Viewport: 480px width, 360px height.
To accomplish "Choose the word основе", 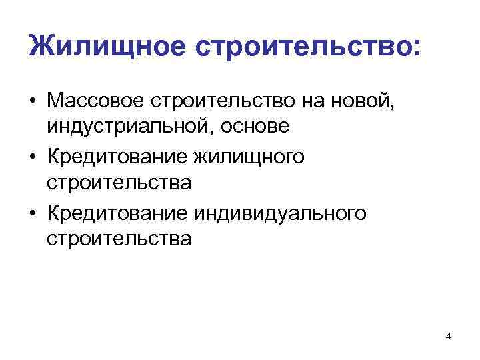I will tap(249, 126).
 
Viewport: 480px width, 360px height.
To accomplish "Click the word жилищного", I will tap(249, 158).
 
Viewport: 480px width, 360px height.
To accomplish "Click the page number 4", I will tap(448, 337).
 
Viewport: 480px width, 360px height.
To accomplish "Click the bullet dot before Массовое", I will tap(33, 103).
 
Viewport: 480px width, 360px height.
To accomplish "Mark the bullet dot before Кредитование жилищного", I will tap(33, 158).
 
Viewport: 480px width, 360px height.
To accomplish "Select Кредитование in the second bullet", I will tap(117, 158).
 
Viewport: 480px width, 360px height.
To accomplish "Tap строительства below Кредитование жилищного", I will tap(119, 182).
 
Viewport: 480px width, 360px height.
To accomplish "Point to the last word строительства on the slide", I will tap(119, 238).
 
